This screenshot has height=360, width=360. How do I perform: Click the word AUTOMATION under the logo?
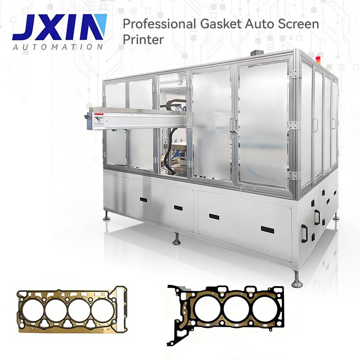[x=58, y=47]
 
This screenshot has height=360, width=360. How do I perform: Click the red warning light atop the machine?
[x=320, y=59]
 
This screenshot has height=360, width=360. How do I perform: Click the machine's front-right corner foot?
[x=297, y=283]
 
